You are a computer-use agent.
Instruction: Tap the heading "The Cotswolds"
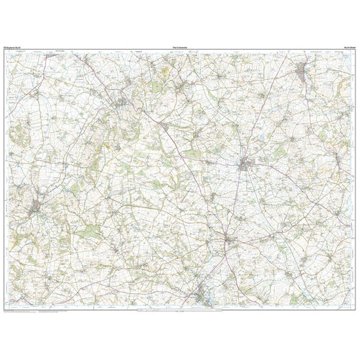click(180, 48)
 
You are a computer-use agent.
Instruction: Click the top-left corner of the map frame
click(5, 51)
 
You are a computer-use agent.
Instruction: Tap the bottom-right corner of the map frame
click(355, 308)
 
